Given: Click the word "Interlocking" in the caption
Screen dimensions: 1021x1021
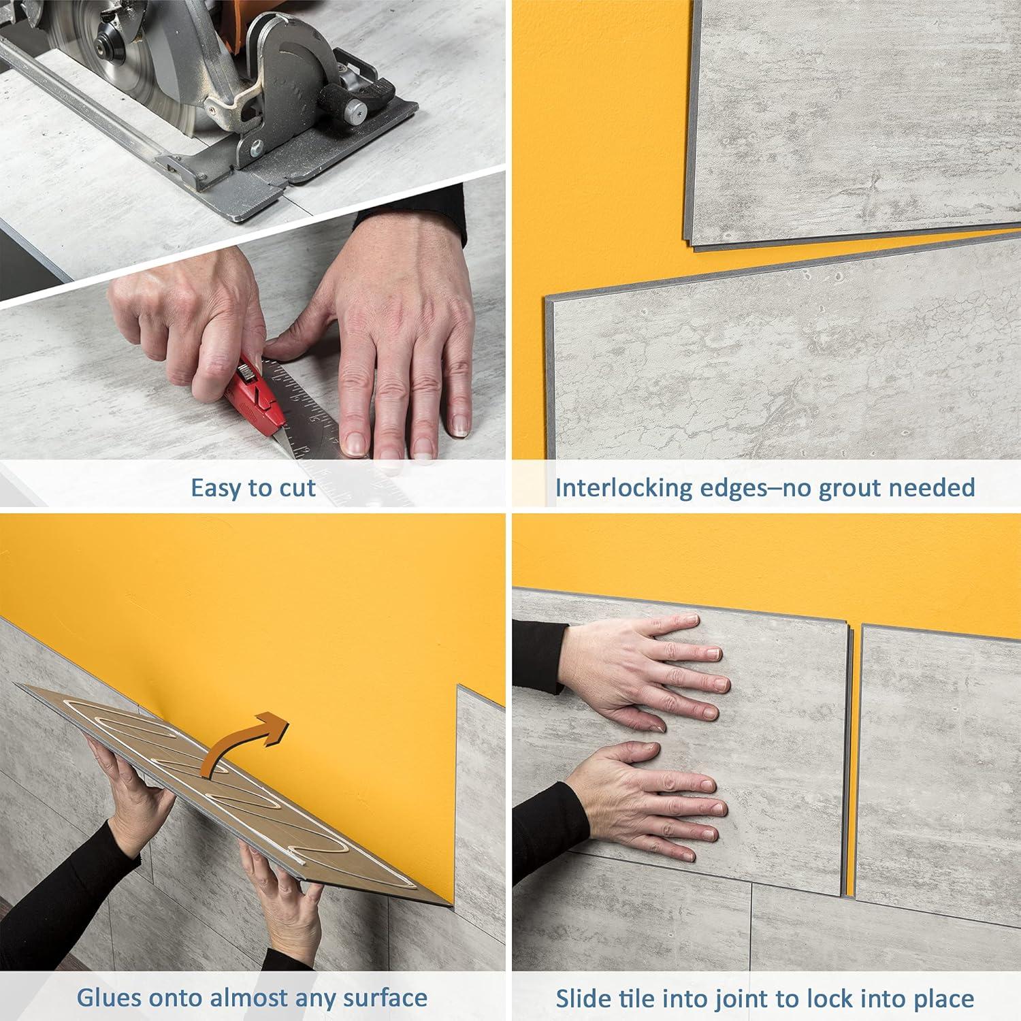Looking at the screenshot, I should (x=623, y=488).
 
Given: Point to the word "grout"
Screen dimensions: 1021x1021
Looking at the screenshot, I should (x=853, y=488).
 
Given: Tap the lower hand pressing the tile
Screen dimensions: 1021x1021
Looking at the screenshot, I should (x=647, y=800).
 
